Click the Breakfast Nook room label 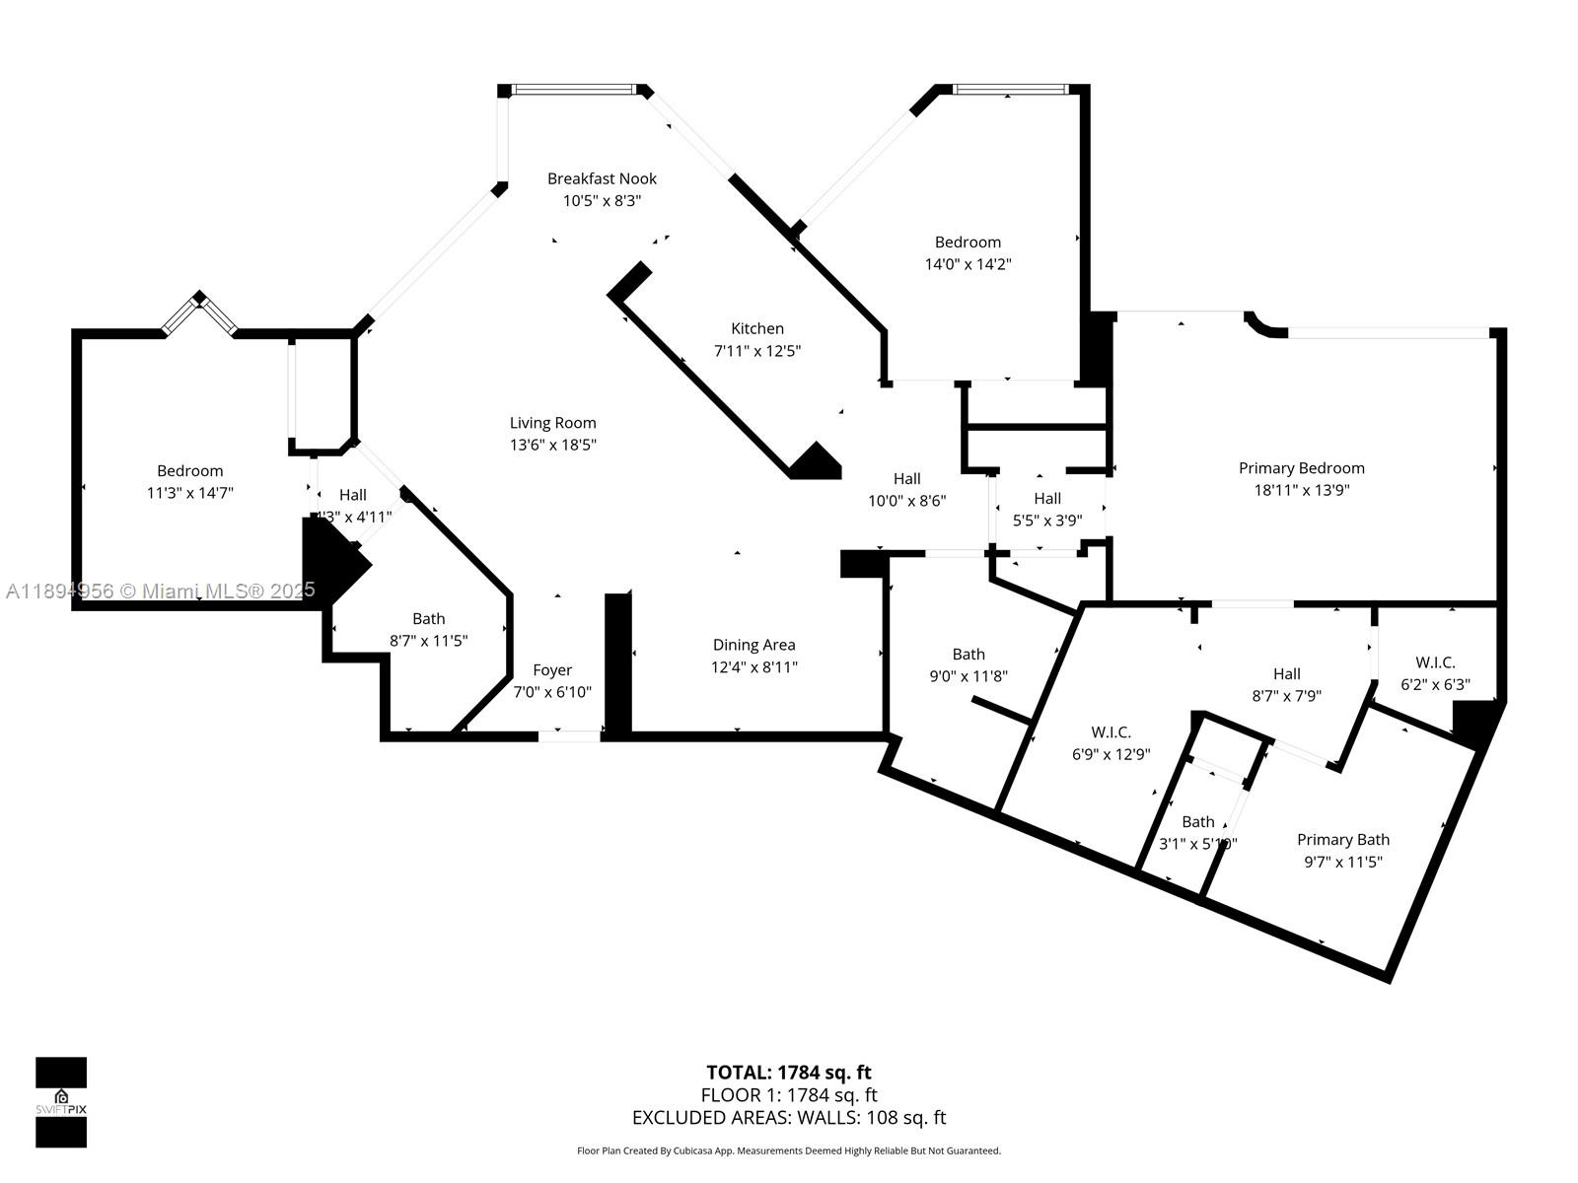[x=602, y=178]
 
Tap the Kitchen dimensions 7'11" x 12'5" [x=756, y=351]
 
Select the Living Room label [x=552, y=423]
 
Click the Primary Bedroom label [x=1301, y=468]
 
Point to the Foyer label [x=552, y=670]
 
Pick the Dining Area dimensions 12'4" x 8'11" [x=754, y=667]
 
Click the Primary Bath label [x=1342, y=840]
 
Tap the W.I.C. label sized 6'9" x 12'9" [x=1111, y=732]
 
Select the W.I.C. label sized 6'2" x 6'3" [x=1435, y=662]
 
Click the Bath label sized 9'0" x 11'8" [x=968, y=655]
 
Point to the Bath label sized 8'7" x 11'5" [x=428, y=619]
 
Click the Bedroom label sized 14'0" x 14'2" [x=968, y=243]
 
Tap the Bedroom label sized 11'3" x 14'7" [x=189, y=471]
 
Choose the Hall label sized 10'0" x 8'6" [x=906, y=479]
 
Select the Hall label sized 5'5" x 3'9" [x=1047, y=499]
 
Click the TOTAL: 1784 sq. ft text [x=788, y=1073]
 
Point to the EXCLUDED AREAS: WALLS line [x=788, y=1118]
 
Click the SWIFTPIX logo [x=61, y=1102]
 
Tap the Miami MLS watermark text [x=161, y=591]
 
